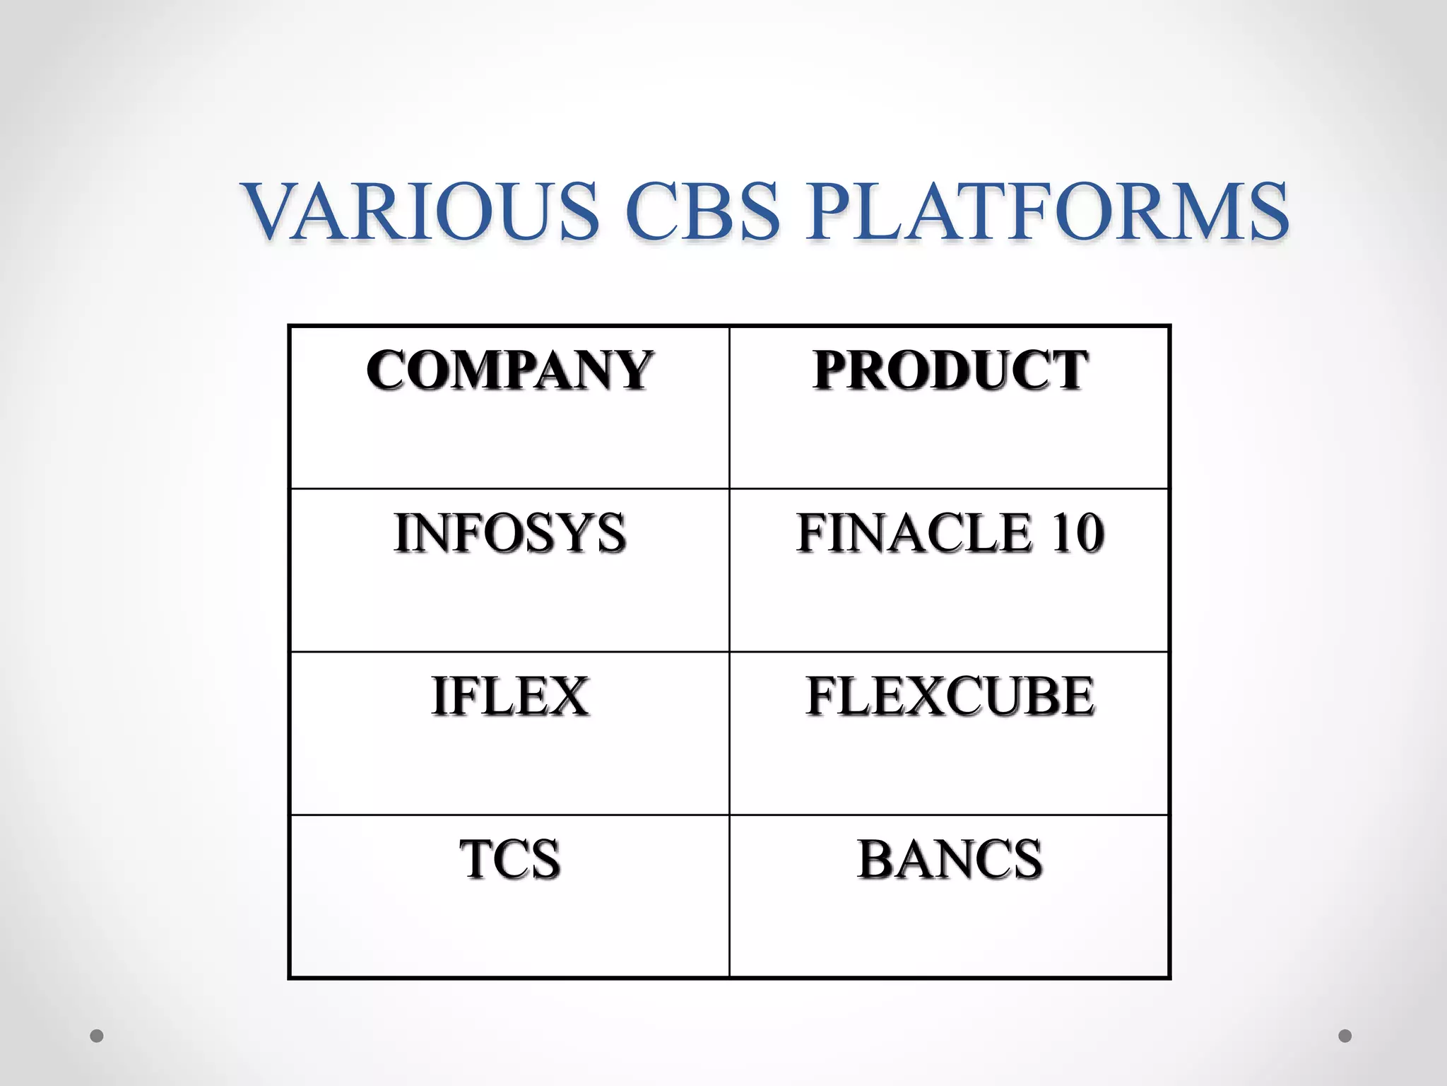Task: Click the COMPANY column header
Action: (x=509, y=370)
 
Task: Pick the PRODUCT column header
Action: (x=950, y=370)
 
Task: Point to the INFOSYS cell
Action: (x=509, y=533)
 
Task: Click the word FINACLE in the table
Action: (x=914, y=533)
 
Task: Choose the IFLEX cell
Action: (x=509, y=696)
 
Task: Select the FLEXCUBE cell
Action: (x=950, y=696)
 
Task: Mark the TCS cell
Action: (x=509, y=860)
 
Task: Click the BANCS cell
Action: (x=950, y=860)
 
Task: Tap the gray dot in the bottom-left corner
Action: (x=97, y=1036)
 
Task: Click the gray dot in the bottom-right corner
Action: (x=1345, y=1036)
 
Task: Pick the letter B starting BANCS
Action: (x=876, y=860)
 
